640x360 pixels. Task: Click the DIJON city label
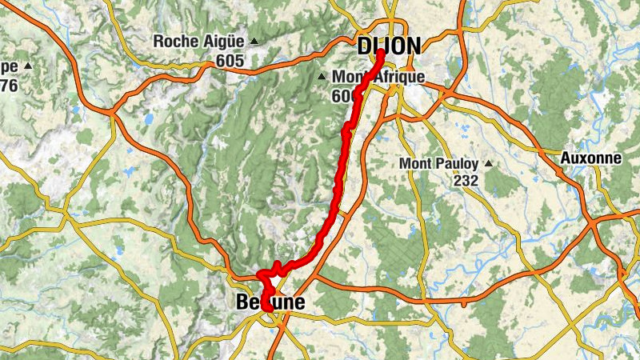tap(389, 46)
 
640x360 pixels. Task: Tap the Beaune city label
tap(270, 303)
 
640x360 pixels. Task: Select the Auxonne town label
tap(591, 158)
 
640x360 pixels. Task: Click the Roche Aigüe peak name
tap(200, 41)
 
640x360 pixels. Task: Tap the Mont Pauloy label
tap(439, 164)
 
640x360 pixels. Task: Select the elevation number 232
tap(465, 181)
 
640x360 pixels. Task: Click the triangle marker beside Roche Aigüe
tap(254, 41)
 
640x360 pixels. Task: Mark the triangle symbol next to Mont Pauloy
tap(488, 164)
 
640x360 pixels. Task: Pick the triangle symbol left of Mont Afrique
tap(322, 78)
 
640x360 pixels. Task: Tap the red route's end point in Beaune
tap(266, 306)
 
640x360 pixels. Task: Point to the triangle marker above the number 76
tap(28, 66)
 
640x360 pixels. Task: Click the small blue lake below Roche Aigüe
tap(148, 118)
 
